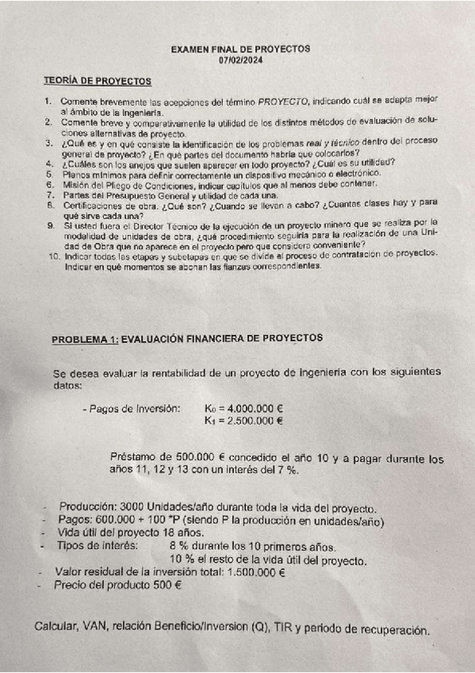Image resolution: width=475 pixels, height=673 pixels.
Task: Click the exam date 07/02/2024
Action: coord(240,60)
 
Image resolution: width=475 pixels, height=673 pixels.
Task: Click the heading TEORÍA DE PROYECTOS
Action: coord(98,81)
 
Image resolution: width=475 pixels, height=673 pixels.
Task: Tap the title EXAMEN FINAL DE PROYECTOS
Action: coord(240,49)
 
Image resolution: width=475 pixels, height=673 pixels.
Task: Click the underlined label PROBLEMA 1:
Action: coord(85,339)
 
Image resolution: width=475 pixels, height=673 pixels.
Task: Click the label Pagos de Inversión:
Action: coord(131,408)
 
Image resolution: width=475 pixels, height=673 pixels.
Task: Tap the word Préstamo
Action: coord(139,458)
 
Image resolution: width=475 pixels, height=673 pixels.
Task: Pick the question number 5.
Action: coord(49,174)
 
